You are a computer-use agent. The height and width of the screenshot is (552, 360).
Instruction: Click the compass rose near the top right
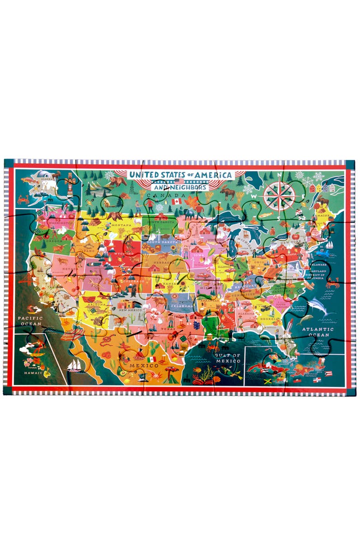[279, 193]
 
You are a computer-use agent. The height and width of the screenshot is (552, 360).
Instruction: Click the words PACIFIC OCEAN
[30, 321]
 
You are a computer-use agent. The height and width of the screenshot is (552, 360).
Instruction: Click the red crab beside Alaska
[23, 199]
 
